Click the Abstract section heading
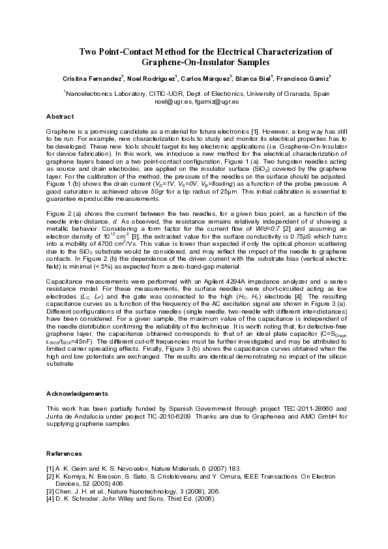click(59, 117)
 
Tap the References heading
click(64, 453)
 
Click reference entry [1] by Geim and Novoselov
click(131, 468)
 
